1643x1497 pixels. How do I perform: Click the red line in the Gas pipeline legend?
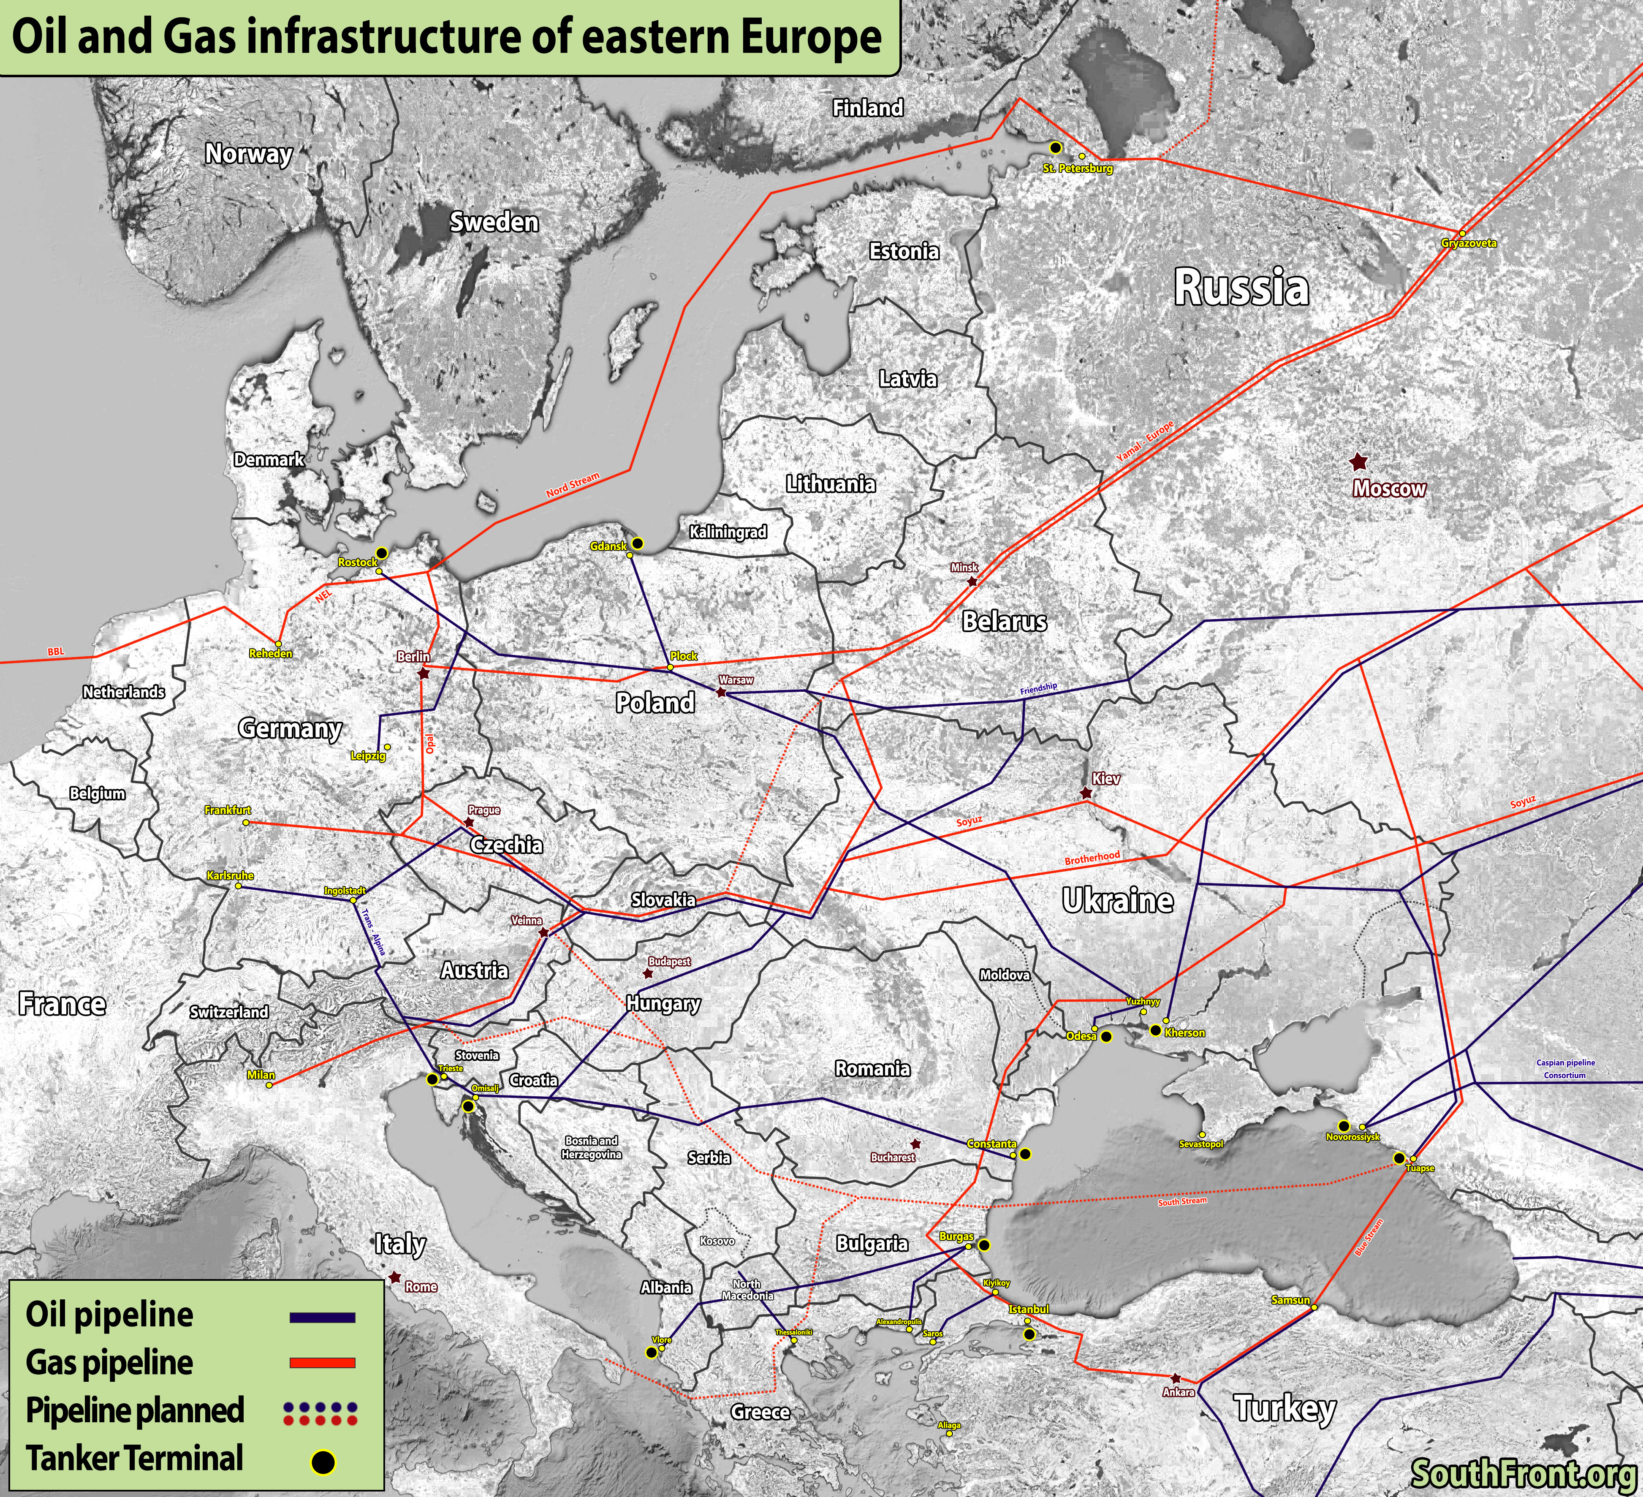(323, 1362)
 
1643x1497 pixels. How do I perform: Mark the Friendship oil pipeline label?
(1038, 689)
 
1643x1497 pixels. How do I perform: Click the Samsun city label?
(1290, 1300)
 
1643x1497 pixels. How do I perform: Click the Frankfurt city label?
(227, 810)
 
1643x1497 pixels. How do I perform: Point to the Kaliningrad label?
(728, 532)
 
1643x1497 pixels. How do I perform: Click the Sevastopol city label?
(1201, 1144)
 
